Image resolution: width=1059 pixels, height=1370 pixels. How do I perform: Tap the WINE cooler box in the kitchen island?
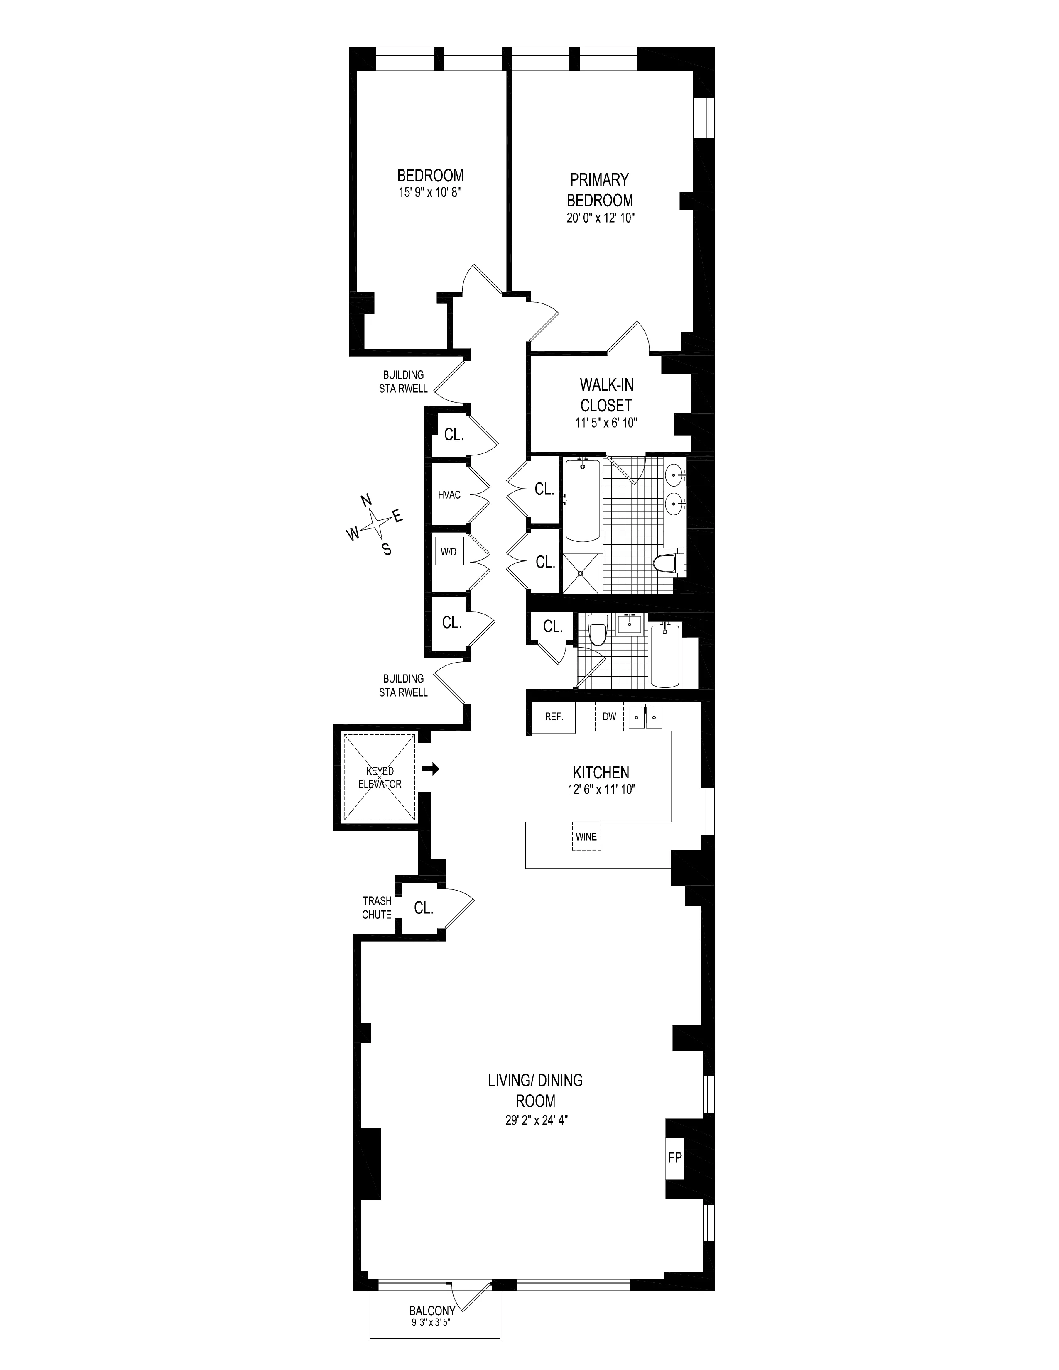586,837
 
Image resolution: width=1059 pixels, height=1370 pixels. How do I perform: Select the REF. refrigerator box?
553,717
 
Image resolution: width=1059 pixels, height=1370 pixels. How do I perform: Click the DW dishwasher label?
609,717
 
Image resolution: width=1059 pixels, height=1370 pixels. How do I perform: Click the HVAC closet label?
449,495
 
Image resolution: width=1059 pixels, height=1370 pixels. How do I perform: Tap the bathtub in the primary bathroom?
582,501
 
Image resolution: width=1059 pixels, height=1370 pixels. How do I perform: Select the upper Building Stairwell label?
403,382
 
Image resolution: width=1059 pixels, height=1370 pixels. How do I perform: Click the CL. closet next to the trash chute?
424,908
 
